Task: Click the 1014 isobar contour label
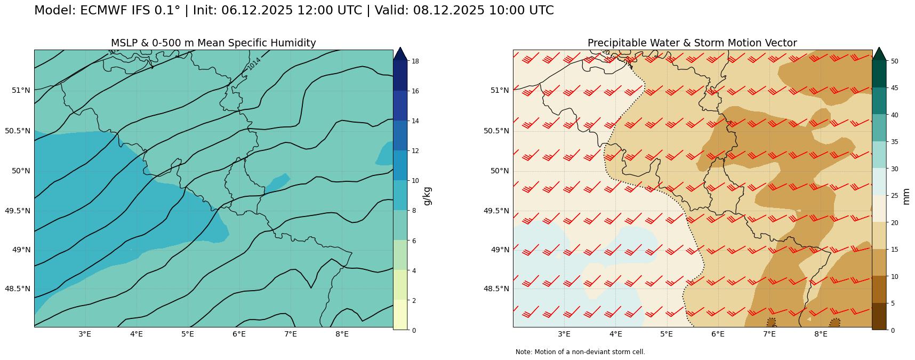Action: [x=254, y=63]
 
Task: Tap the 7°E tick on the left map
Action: [x=291, y=334]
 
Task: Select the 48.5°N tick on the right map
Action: [x=499, y=289]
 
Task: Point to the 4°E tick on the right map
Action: [x=615, y=334]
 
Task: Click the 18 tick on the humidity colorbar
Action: [x=415, y=61]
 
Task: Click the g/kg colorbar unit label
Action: [x=427, y=196]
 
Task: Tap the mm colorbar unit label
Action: [x=906, y=196]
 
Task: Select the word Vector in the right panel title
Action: [x=780, y=43]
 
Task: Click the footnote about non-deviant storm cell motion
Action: [x=580, y=352]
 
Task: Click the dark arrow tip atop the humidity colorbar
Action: [x=400, y=53]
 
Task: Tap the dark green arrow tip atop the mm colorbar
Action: [x=879, y=53]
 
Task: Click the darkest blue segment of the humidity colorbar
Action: [x=400, y=76]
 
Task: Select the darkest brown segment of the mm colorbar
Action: [x=879, y=316]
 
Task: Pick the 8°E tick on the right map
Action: [x=821, y=334]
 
